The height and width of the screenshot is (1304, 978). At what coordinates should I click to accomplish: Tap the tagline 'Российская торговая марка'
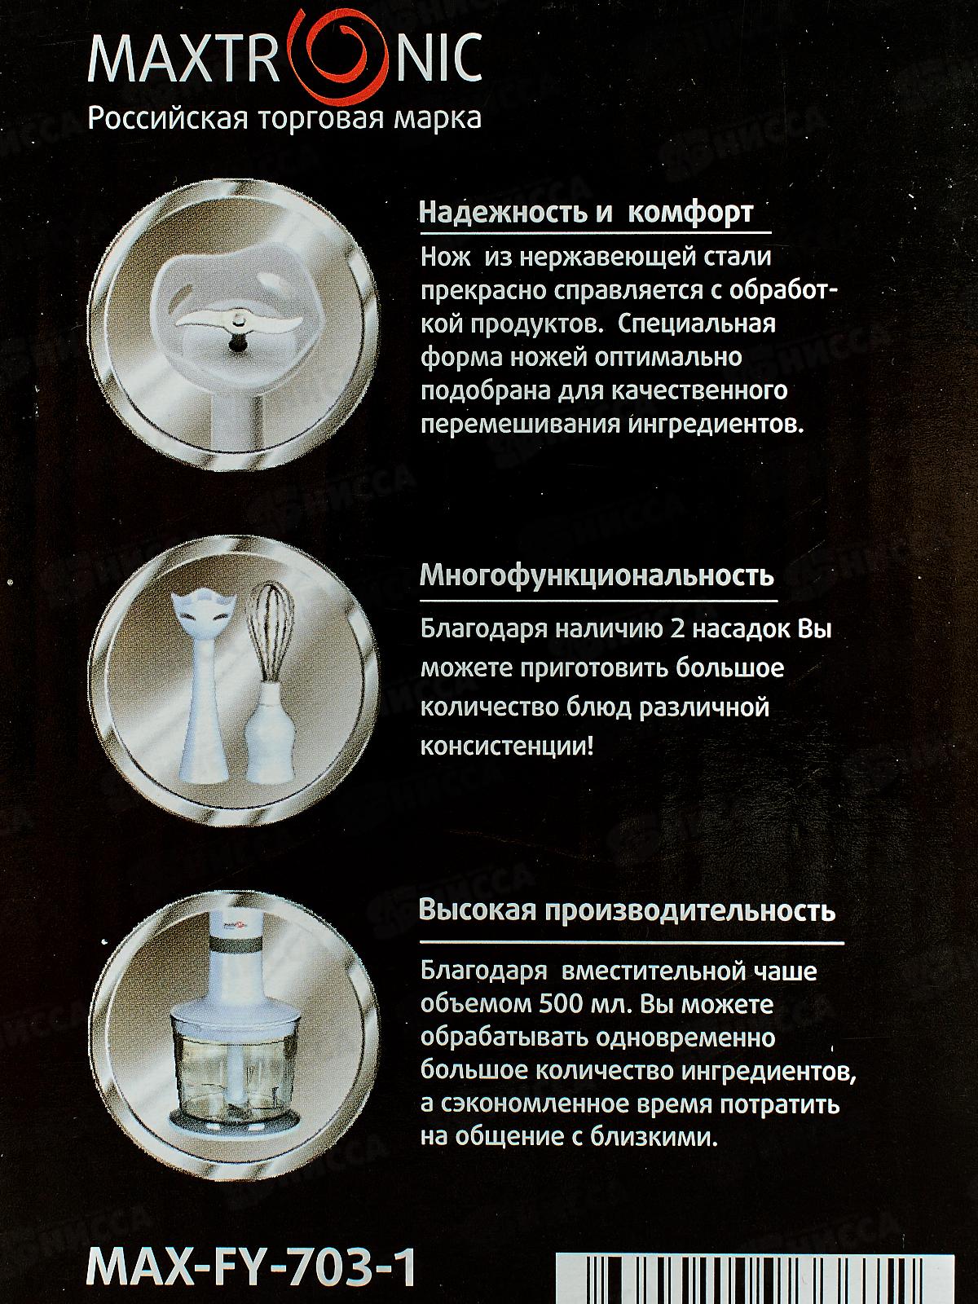coord(284,118)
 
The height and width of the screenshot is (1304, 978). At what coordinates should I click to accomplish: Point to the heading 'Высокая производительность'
coord(627,910)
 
